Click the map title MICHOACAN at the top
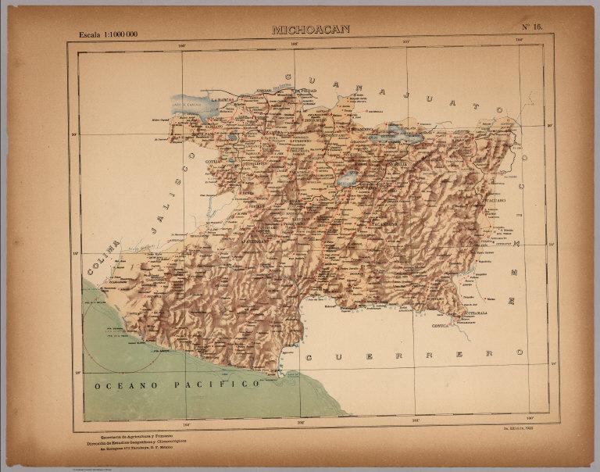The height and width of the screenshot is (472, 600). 310,30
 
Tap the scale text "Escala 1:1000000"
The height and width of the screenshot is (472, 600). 108,35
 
